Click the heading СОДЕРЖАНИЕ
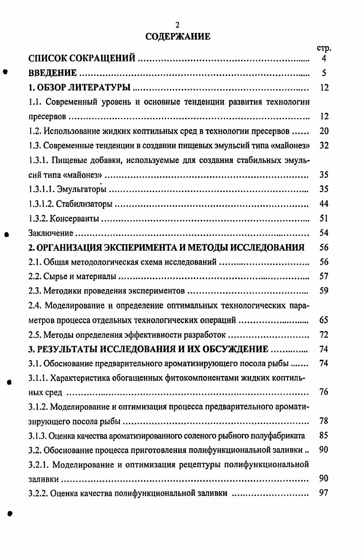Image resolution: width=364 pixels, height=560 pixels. (178, 36)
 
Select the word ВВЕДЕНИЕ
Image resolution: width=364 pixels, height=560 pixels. (52, 73)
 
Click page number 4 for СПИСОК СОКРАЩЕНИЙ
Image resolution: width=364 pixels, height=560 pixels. (324, 59)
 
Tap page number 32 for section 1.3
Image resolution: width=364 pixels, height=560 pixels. (324, 146)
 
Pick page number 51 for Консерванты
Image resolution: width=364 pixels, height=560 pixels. (324, 219)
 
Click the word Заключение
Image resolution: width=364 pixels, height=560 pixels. (51, 233)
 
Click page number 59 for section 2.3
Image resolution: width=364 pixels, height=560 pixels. (324, 290)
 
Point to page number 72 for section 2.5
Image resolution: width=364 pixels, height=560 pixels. (324, 335)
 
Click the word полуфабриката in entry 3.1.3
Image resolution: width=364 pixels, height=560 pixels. (279, 436)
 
